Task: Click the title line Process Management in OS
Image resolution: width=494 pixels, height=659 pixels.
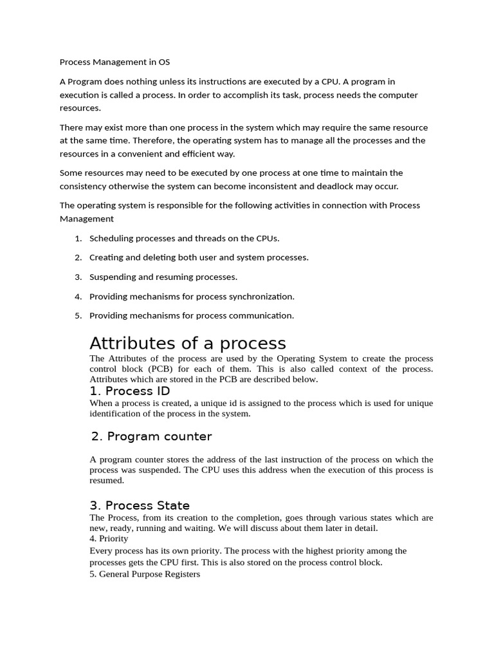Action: [x=114, y=62]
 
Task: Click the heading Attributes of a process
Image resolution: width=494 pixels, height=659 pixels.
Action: [x=187, y=342]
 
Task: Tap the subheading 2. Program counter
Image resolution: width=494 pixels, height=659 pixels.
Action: [x=151, y=436]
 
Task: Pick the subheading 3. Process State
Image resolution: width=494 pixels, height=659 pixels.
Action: [x=140, y=505]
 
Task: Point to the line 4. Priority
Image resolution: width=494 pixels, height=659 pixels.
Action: [x=109, y=538]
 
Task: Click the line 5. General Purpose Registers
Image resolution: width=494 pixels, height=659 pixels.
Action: [x=145, y=574]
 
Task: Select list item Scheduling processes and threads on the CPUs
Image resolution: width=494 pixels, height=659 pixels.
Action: [x=184, y=238]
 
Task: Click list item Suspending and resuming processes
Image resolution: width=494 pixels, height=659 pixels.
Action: [x=163, y=277]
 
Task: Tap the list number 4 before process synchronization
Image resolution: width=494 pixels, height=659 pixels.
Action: [x=78, y=297]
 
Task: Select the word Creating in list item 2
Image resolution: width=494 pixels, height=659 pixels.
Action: [x=106, y=257]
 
